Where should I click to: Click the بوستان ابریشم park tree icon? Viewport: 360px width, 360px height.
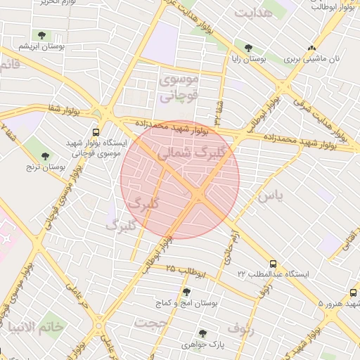pyautogui.click(x=43, y=34)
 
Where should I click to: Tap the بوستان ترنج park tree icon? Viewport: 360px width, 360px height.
pyautogui.click(x=46, y=156)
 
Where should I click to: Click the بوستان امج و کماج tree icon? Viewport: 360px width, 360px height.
pyautogui.click(x=186, y=292)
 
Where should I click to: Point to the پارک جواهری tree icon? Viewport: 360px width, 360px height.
pyautogui.click(x=203, y=333)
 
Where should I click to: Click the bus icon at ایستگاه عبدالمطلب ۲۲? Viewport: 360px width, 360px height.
pyautogui.click(x=274, y=264)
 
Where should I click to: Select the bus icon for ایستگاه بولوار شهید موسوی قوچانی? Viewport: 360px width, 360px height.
pyautogui.click(x=96, y=131)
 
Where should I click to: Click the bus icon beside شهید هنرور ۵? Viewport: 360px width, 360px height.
pyautogui.click(x=352, y=292)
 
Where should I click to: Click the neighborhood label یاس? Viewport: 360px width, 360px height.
pyautogui.click(x=269, y=196)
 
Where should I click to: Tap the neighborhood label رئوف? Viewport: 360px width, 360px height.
pyautogui.click(x=240, y=328)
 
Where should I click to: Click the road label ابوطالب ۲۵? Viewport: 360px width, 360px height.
pyautogui.click(x=186, y=270)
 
